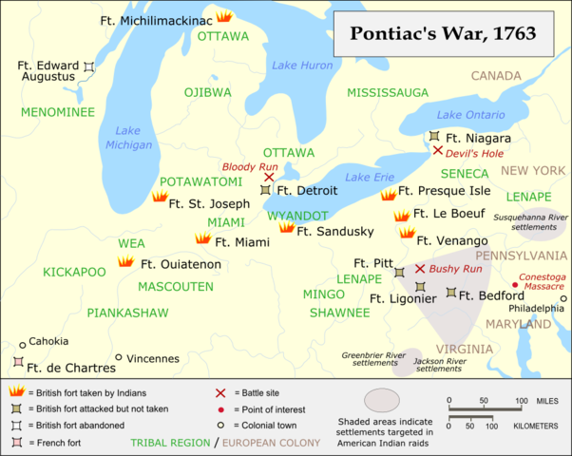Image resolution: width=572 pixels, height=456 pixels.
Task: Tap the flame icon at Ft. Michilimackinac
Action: pos(224,17)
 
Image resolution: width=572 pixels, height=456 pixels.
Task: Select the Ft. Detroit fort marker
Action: pos(266,191)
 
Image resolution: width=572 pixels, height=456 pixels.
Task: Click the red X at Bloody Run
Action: pos(269,177)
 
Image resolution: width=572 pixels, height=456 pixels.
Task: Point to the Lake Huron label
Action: pos(296,66)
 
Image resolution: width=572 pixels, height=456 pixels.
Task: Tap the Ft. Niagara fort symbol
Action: pos(434,138)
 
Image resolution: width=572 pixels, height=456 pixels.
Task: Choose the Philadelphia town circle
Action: pos(562,298)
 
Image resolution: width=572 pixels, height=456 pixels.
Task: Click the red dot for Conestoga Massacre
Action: pos(515,284)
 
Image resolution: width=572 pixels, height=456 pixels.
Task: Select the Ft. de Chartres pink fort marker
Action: pos(17,363)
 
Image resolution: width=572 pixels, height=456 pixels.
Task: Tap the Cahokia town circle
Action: pos(22,346)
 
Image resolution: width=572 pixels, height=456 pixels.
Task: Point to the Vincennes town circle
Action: pos(119,358)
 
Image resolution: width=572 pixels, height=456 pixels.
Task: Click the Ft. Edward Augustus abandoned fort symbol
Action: pos(88,66)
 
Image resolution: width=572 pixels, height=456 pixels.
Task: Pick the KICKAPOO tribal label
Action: pos(74,272)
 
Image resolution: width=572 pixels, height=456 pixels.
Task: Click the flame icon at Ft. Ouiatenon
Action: pos(124,262)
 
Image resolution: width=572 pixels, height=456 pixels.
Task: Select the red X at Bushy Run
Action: pos(419,270)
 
